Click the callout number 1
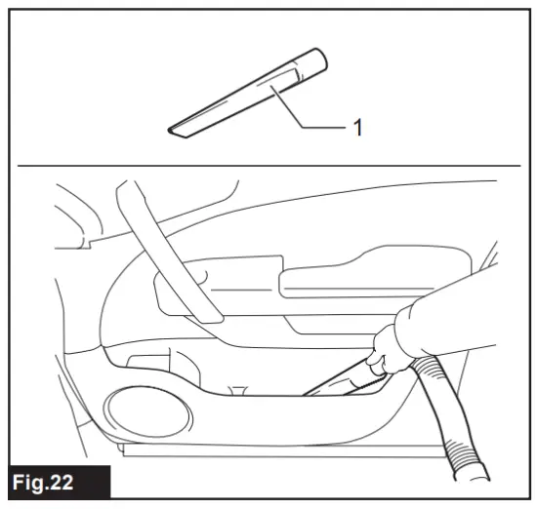(357, 127)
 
